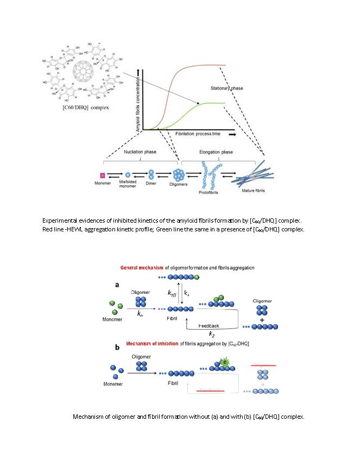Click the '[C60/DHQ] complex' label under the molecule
click(x=86, y=108)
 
